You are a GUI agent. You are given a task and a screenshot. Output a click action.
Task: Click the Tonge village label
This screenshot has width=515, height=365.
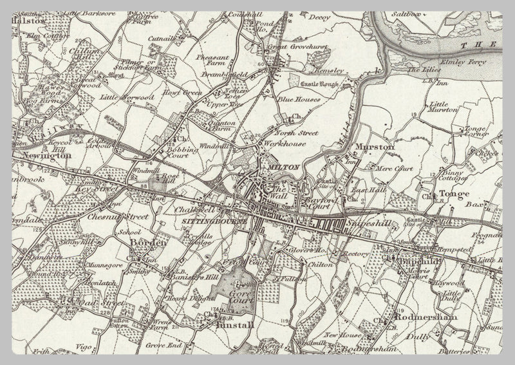(453, 194)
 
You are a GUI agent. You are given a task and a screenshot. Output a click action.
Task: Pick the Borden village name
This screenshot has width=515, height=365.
(149, 243)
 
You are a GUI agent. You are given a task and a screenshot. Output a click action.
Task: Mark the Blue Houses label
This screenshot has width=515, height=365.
(295, 100)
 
